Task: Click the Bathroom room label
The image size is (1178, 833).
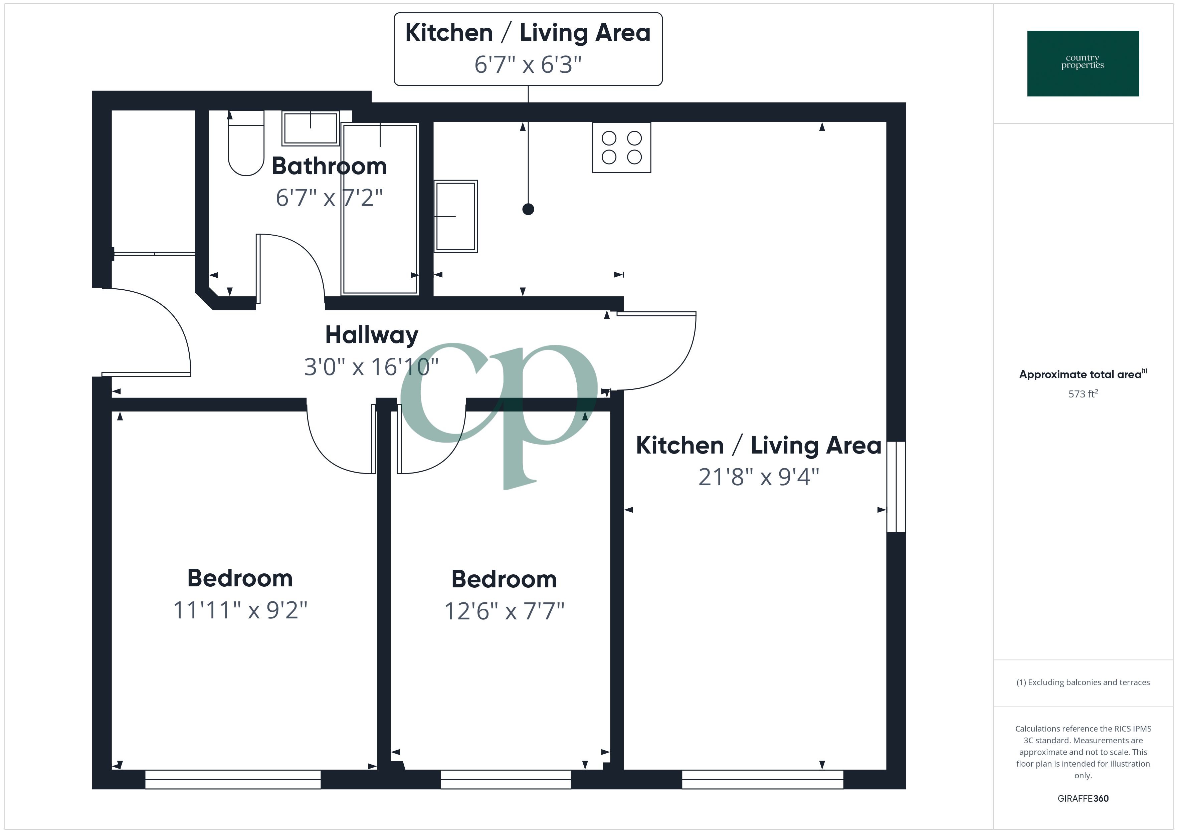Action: coord(329,166)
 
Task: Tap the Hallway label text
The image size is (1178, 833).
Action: coord(371,335)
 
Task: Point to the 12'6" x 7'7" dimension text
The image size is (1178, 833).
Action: coord(504,611)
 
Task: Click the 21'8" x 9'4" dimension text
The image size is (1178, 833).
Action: coord(758,477)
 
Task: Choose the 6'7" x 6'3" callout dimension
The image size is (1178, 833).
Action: coord(528,65)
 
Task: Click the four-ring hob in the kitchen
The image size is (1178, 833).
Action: coord(622,147)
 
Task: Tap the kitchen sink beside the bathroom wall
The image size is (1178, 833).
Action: coord(455,216)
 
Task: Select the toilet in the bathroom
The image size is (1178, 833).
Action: coord(246,144)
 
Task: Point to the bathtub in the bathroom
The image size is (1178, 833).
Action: coord(380,209)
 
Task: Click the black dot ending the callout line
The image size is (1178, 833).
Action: coord(528,209)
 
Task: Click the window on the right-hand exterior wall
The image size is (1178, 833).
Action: coord(896,487)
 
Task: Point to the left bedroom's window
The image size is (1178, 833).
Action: coord(233,779)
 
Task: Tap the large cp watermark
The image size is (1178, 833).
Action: coord(499,415)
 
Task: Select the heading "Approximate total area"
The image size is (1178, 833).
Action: coord(1080,374)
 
